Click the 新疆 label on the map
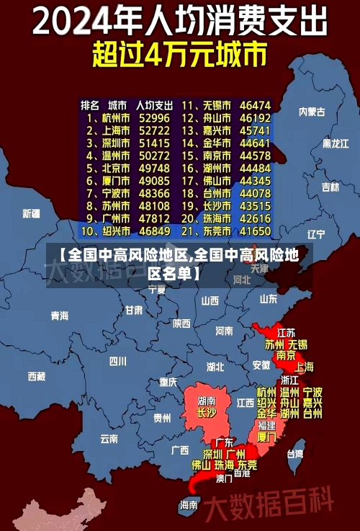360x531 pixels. point(31,213)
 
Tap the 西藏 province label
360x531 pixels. point(37,376)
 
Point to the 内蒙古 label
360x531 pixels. point(312,112)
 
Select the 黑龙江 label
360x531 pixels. point(336,143)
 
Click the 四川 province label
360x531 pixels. point(117,360)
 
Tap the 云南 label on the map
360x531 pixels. point(109,437)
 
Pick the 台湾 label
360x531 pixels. point(295,454)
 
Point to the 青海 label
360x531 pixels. point(60,316)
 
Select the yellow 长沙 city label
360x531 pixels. point(207,413)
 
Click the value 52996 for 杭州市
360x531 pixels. point(154,117)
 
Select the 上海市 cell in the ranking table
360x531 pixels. point(114,130)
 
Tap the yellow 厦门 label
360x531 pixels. point(266,437)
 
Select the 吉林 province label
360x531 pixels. point(330,187)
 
